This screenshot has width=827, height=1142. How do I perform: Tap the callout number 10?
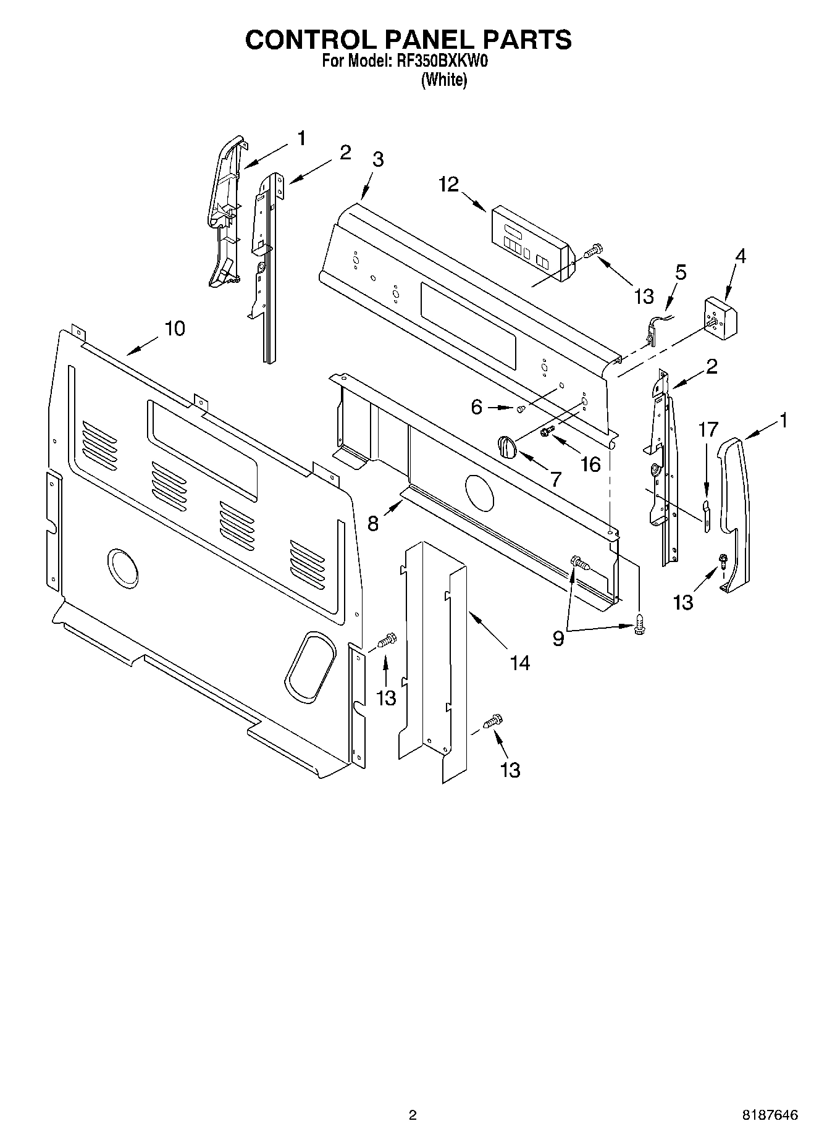pos(175,329)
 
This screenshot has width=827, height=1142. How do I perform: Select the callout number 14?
pos(520,663)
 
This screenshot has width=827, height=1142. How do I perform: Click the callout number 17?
pos(708,429)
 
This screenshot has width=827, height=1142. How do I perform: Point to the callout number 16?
pos(591,464)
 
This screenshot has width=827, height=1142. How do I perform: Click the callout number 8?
pos(373,524)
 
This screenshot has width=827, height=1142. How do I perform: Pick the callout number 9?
pos(558,638)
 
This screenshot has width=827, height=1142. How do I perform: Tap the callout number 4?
pos(739,256)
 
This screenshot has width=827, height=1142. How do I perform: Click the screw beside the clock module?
pos(594,250)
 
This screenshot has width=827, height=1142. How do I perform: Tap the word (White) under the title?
pos(443,80)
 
